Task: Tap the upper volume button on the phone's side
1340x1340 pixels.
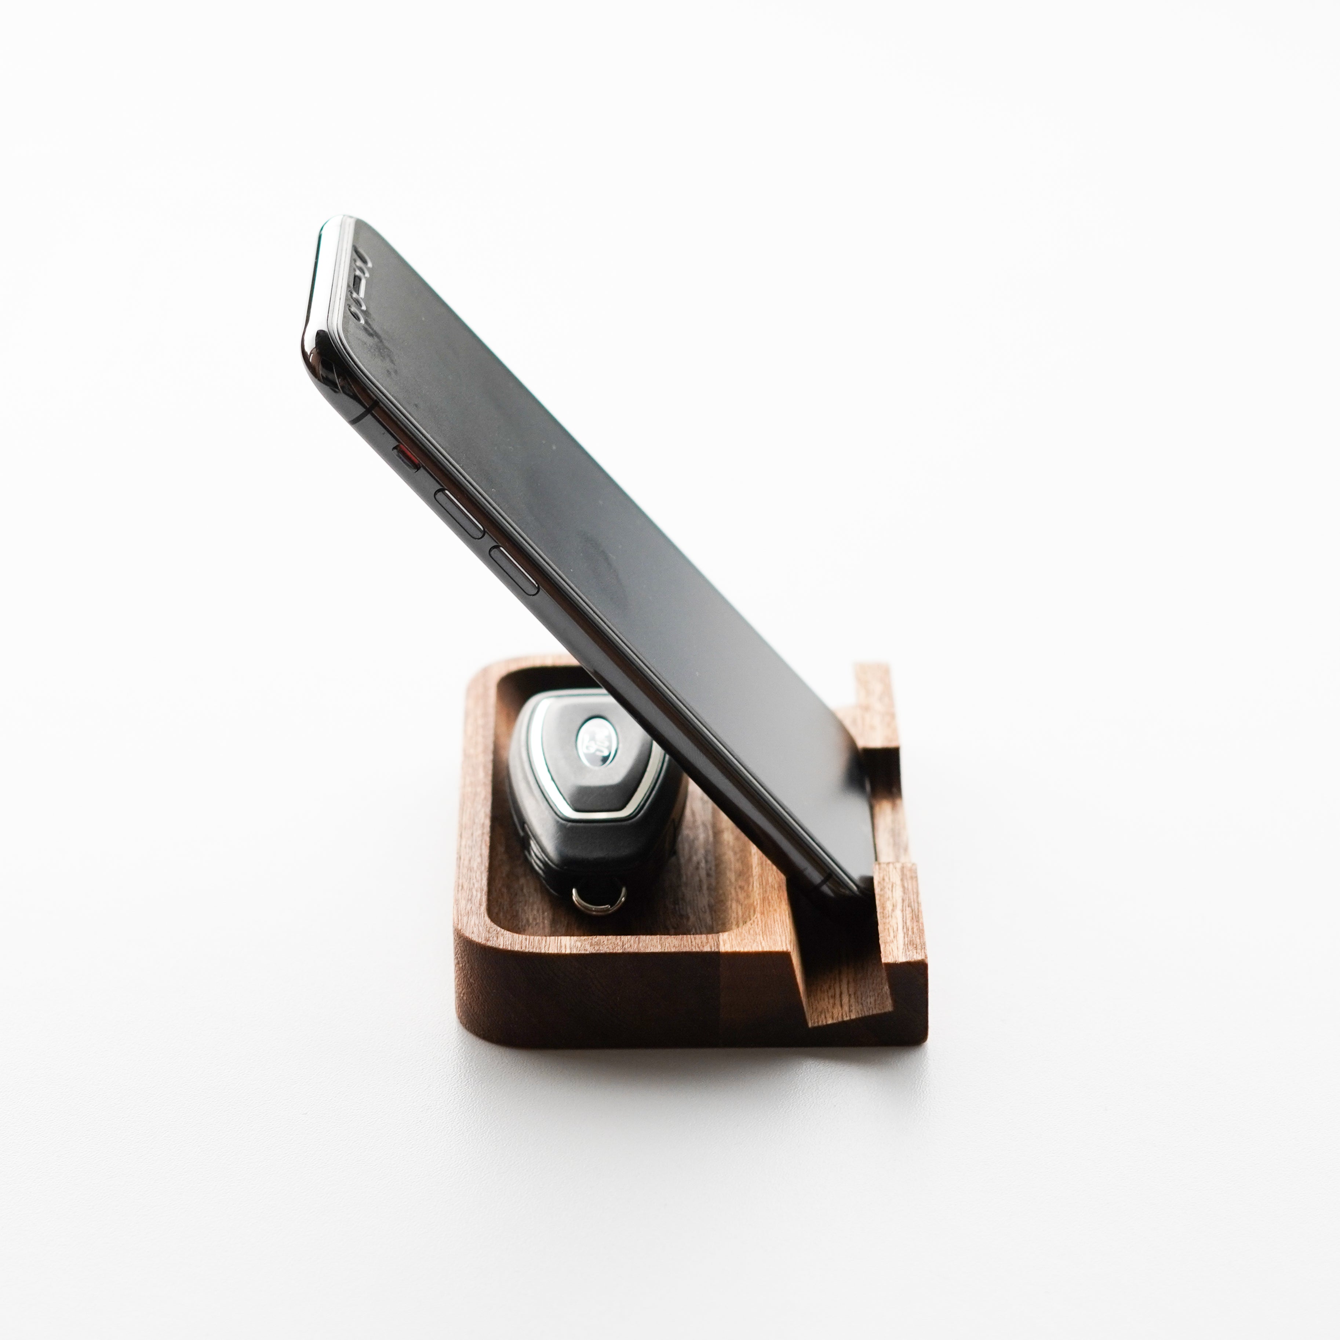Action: [459, 513]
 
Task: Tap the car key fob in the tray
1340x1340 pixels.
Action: [590, 798]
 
